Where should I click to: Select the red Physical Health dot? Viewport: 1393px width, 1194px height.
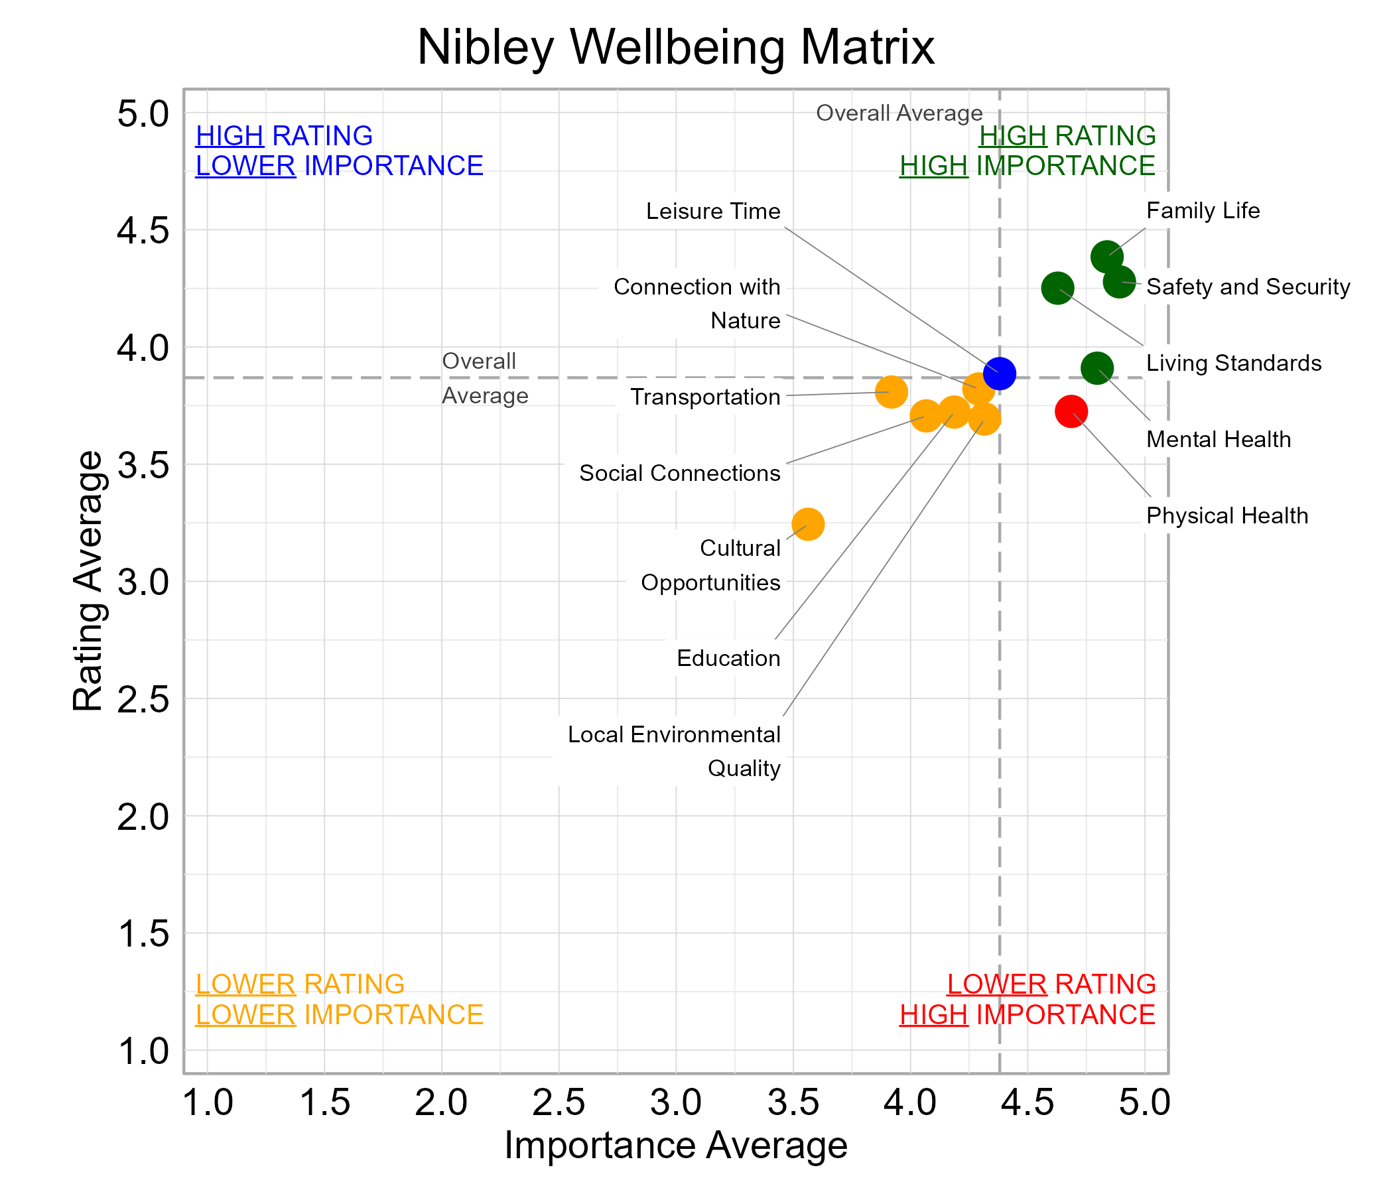point(1071,411)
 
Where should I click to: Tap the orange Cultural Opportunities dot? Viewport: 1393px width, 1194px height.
point(807,524)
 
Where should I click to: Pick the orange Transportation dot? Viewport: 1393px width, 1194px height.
point(891,391)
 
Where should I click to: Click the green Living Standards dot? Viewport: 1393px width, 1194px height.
point(1057,288)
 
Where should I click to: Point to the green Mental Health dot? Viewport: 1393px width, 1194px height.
point(1096,367)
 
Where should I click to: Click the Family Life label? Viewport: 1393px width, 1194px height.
point(1202,210)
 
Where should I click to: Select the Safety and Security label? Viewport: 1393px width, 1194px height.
point(1247,287)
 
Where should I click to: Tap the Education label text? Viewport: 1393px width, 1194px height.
point(728,657)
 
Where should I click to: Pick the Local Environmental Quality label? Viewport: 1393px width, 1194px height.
point(674,750)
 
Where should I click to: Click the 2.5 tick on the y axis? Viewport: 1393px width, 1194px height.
point(143,700)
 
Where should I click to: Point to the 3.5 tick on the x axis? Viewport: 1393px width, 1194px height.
point(793,1102)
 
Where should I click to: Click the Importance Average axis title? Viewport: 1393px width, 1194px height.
point(675,1145)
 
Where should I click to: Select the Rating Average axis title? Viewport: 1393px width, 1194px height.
point(88,581)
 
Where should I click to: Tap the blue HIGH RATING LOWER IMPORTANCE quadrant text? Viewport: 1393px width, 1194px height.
point(339,151)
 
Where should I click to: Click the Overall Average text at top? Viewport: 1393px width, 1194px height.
point(899,113)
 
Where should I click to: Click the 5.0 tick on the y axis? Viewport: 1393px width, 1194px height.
point(143,113)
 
